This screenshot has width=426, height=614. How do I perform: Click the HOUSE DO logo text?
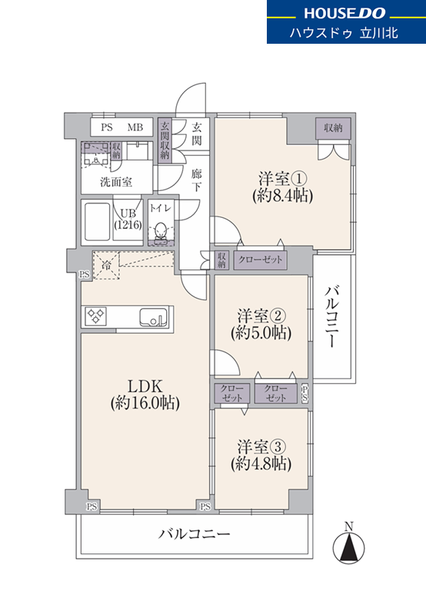click(345, 13)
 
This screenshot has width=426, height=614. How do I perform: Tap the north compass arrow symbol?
click(348, 546)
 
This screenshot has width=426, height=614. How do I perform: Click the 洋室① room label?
click(282, 179)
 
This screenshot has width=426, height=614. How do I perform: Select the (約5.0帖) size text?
click(261, 333)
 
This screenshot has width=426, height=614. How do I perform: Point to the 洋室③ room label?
click(261, 447)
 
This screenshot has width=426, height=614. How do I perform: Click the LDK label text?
click(145, 386)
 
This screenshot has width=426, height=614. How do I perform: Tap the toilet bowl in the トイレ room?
click(160, 232)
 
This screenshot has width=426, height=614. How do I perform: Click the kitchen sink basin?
click(153, 317)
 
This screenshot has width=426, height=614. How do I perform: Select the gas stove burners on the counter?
click(96, 316)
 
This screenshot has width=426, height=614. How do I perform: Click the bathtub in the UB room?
click(97, 223)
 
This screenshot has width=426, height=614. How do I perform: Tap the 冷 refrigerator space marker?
click(106, 265)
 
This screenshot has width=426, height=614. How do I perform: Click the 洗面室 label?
click(116, 182)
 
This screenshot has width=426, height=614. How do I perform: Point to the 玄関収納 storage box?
click(165, 140)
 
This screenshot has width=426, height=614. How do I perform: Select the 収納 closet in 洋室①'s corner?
click(333, 127)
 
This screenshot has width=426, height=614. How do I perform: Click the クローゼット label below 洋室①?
click(260, 260)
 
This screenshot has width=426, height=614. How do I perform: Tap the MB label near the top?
click(135, 127)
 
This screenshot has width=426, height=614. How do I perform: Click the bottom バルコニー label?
click(195, 533)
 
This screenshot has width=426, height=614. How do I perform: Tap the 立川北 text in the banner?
click(379, 33)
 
